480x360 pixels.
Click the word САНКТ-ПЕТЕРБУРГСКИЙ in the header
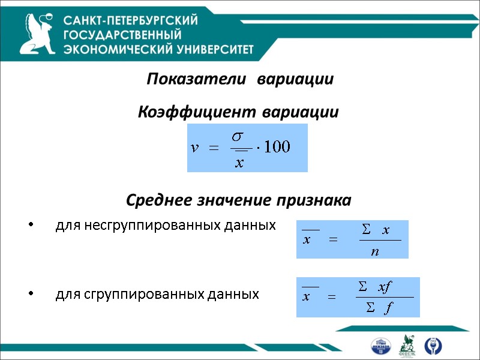131,20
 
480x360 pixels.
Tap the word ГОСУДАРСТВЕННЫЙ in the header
122,35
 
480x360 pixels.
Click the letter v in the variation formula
194,148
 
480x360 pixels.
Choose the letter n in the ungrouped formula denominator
375,251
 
